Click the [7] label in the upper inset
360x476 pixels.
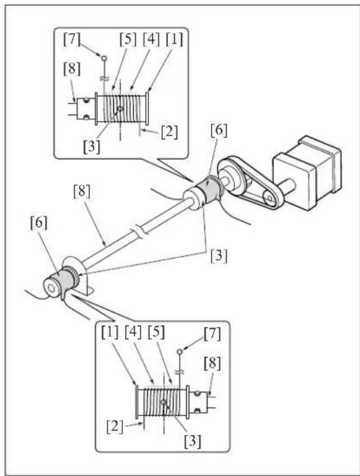pos(72,40)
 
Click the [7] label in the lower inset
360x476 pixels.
pos(212,334)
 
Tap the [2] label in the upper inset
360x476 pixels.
pos(169,132)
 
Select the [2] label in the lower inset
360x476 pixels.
pos(115,427)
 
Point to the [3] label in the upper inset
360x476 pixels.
pos(91,147)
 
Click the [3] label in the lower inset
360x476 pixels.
pos(193,441)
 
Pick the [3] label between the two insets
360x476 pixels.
pos(219,256)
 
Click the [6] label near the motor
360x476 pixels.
pos(219,130)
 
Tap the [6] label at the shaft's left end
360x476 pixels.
pos(39,223)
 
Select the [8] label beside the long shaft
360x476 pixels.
pos(81,191)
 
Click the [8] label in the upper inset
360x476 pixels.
pos(72,69)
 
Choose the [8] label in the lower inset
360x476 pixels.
pos(212,363)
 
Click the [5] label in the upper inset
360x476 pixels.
pos(128,40)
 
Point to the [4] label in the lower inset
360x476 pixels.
pos(133,332)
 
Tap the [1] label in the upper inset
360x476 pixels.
pos(174,40)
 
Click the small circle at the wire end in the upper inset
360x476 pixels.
pos(104,58)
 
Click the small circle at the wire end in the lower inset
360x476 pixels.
pos(180,352)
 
